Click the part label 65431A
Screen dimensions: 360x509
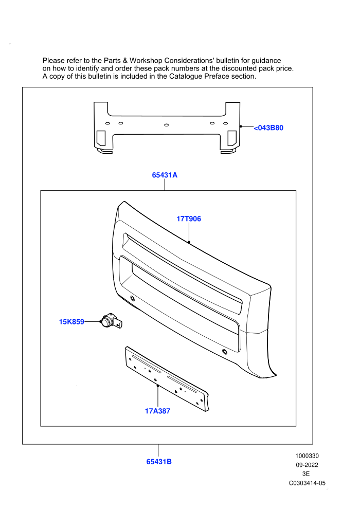point(165,175)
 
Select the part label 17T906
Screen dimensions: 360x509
point(189,219)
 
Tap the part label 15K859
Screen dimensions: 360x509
point(71,322)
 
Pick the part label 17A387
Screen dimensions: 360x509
point(157,411)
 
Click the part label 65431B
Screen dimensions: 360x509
point(159,462)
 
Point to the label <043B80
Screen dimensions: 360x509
point(268,128)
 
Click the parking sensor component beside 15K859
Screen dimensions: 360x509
point(111,321)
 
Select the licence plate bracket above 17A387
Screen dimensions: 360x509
point(167,379)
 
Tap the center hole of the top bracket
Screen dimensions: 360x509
point(167,125)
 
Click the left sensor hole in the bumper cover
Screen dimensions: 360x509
point(133,298)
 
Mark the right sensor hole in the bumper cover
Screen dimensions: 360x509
point(225,352)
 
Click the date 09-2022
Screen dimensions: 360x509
point(307,465)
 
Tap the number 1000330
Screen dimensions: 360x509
point(307,456)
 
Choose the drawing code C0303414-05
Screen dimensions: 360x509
point(307,483)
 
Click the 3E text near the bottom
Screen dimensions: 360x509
point(306,474)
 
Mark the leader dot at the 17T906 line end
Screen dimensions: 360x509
point(189,242)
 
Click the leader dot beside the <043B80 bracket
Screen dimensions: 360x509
point(241,126)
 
